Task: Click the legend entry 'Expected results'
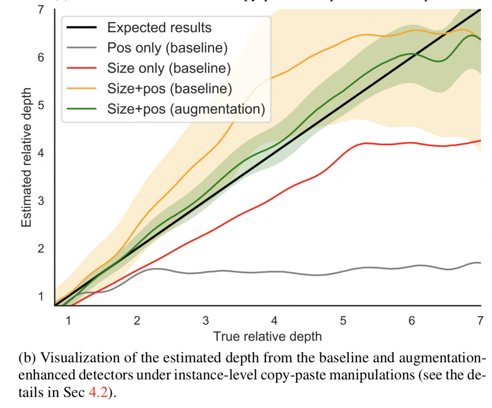click(x=159, y=27)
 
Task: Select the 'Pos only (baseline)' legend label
click(x=167, y=48)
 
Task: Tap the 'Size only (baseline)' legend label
click(x=169, y=68)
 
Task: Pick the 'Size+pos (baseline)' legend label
click(x=170, y=88)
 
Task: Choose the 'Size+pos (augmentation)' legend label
click(x=186, y=109)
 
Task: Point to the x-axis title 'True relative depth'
click(x=267, y=336)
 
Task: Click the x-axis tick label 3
click(x=206, y=320)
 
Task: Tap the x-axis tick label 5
click(x=343, y=320)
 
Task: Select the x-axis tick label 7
click(x=480, y=320)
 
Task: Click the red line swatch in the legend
click(x=83, y=68)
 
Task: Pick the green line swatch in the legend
click(x=83, y=109)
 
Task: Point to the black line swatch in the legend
click(x=83, y=27)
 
